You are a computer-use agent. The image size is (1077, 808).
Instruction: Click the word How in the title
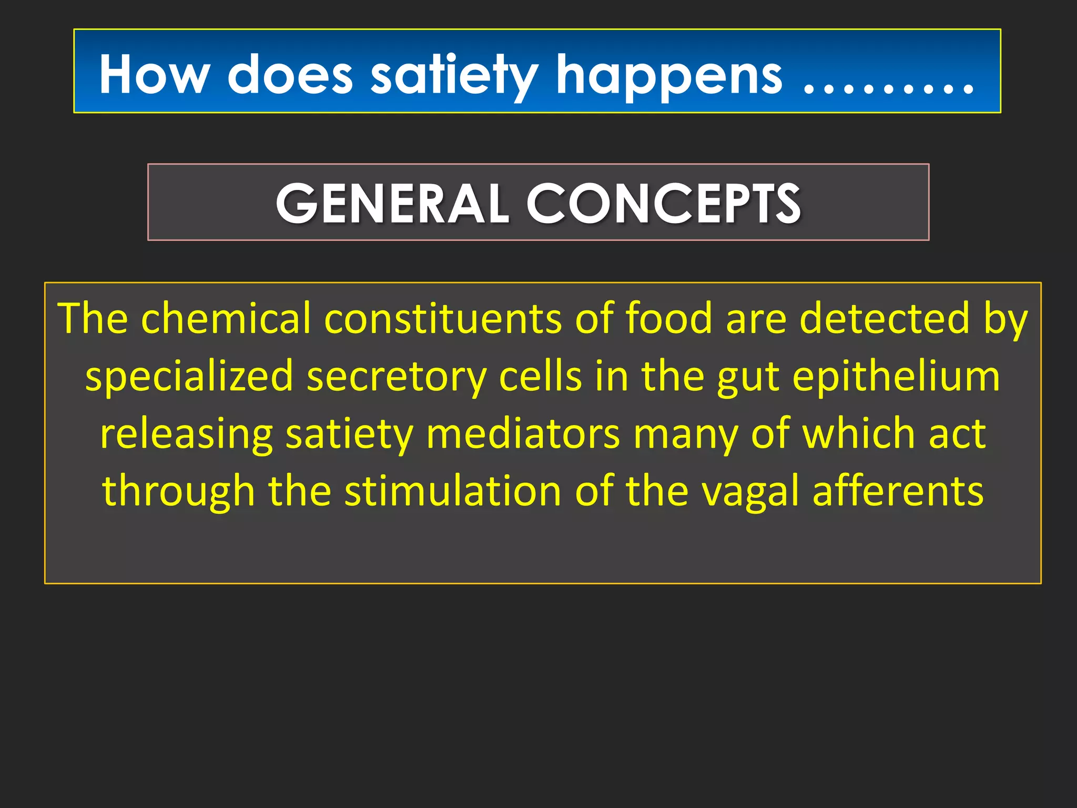click(x=155, y=75)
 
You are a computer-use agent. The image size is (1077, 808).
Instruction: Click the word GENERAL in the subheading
click(x=392, y=203)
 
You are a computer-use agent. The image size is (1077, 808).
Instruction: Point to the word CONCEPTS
click(x=663, y=203)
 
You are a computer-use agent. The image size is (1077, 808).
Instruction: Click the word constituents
click(x=443, y=318)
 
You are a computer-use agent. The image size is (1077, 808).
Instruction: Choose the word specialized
click(x=189, y=377)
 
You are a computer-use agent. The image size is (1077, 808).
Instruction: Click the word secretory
click(x=397, y=377)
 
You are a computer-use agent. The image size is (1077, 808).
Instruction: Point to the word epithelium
click(x=896, y=377)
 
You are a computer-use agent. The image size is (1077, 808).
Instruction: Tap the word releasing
click(x=186, y=435)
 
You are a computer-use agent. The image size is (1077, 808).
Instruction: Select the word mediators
click(x=523, y=435)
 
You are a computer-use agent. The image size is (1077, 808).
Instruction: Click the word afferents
click(x=898, y=491)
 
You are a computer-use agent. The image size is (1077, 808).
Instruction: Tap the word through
click(x=178, y=491)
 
